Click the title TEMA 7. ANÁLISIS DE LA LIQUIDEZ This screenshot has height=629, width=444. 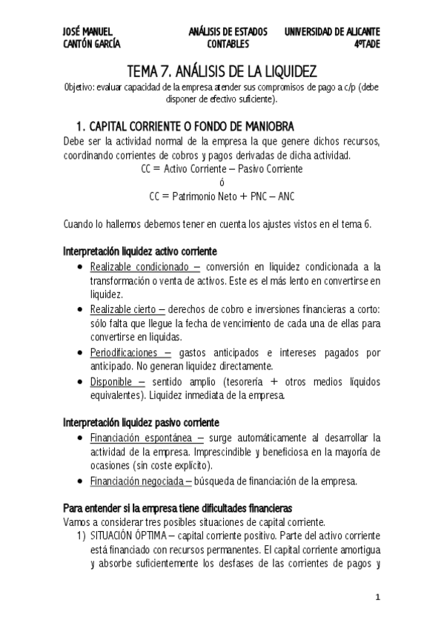point(222,71)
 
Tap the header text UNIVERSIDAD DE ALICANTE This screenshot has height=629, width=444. point(332,32)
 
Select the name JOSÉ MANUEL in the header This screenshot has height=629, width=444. point(87,32)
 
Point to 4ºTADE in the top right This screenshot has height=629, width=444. point(366,44)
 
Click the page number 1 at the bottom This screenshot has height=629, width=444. point(377,597)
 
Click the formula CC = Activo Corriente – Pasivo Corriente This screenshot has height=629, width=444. point(222,169)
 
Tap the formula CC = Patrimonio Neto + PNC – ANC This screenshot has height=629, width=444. point(222,197)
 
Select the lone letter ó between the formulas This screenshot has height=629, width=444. point(222,183)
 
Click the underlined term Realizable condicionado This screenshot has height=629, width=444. point(141,266)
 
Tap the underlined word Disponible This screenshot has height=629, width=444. point(113,381)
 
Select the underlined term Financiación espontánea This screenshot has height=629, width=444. point(142,437)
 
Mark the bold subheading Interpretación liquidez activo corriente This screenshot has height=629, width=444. point(140,251)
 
